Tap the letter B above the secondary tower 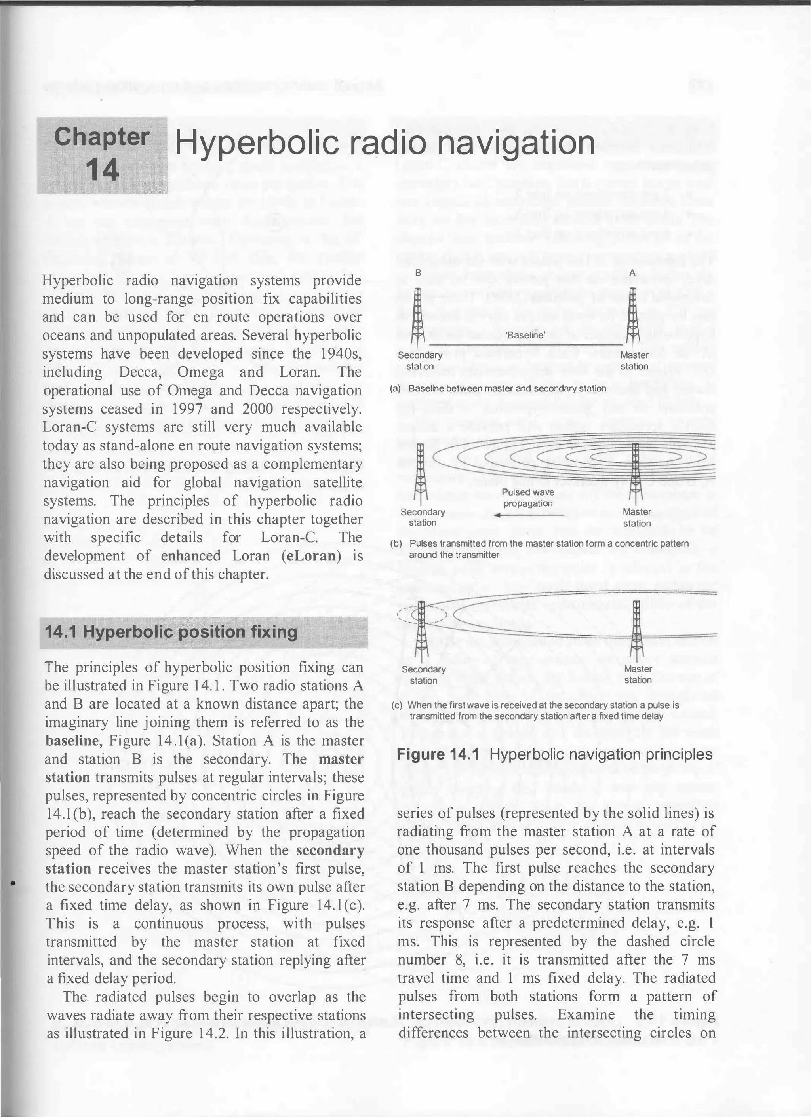[x=418, y=272]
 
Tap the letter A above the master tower [x=632, y=272]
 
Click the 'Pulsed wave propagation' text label [x=528, y=498]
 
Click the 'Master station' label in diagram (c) [x=638, y=674]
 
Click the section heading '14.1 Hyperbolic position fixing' [x=171, y=632]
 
